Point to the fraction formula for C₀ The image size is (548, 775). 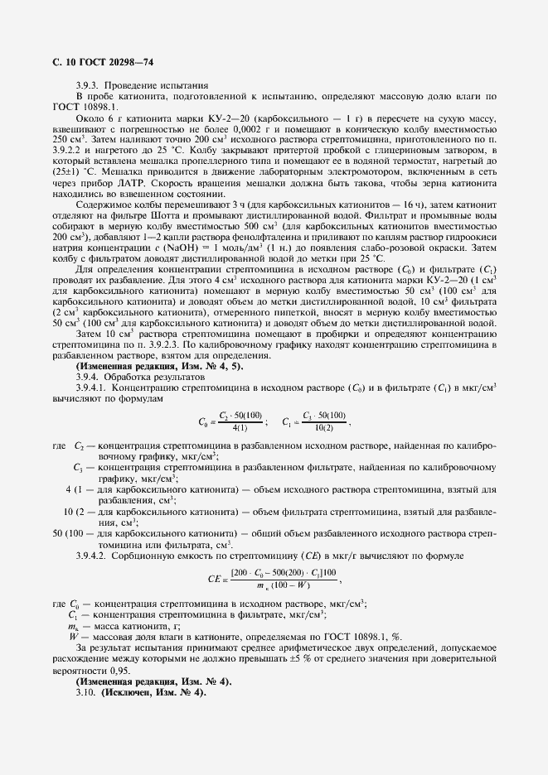[232, 421]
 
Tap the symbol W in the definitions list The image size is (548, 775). [75, 637]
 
